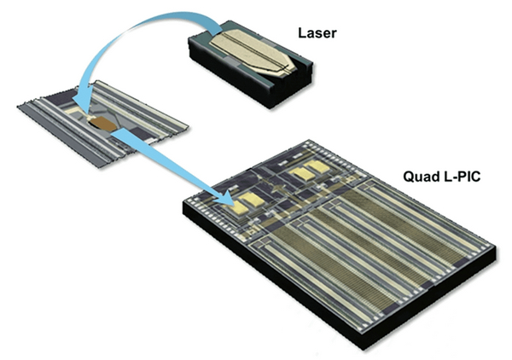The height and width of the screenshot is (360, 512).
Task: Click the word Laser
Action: click(x=317, y=33)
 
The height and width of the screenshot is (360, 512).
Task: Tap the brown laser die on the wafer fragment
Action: click(x=103, y=125)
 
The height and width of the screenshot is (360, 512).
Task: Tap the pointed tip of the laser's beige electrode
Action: click(x=295, y=68)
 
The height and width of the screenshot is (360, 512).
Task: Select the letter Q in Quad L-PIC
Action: click(x=408, y=177)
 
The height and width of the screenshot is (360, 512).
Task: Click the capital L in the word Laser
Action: click(x=302, y=33)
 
